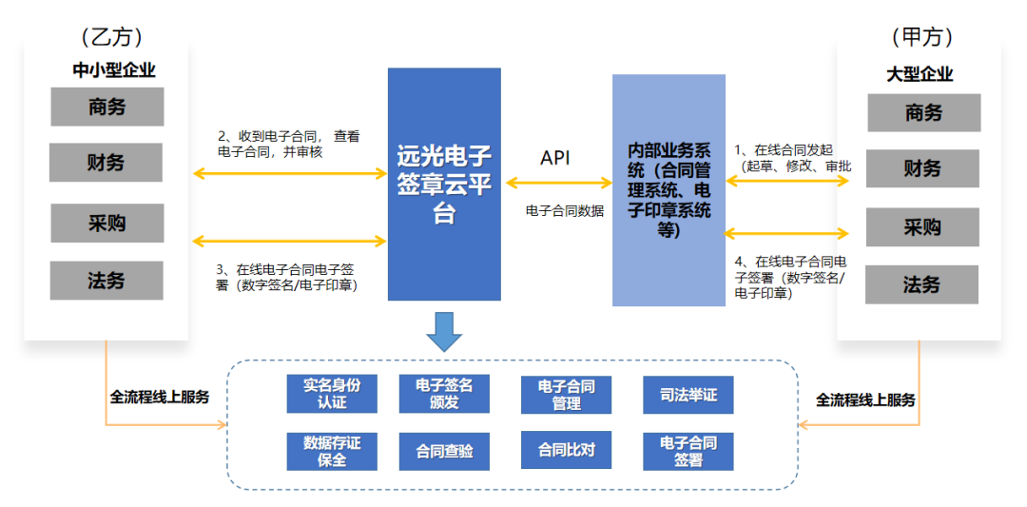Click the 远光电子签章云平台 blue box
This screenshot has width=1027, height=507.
click(444, 184)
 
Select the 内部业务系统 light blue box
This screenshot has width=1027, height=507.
click(669, 190)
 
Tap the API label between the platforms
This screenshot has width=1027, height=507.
click(555, 158)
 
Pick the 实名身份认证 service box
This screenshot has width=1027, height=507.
click(332, 394)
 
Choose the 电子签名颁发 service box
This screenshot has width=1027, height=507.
click(444, 394)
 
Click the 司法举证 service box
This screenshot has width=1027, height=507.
click(688, 394)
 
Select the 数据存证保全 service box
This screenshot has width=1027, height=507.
click(332, 452)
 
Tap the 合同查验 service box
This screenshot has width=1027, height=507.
click(444, 452)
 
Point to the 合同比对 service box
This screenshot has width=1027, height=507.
click(566, 450)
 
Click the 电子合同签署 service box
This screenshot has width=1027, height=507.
click(688, 452)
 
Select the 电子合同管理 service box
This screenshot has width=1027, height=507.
click(566, 394)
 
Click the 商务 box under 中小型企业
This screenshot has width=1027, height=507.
click(107, 107)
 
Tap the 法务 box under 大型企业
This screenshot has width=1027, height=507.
click(921, 284)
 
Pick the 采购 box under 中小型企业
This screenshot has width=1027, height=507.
click(107, 224)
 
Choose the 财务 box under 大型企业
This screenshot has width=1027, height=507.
click(921, 168)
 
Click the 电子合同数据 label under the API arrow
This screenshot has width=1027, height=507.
click(565, 211)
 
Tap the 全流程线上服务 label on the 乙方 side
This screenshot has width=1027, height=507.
click(160, 397)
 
